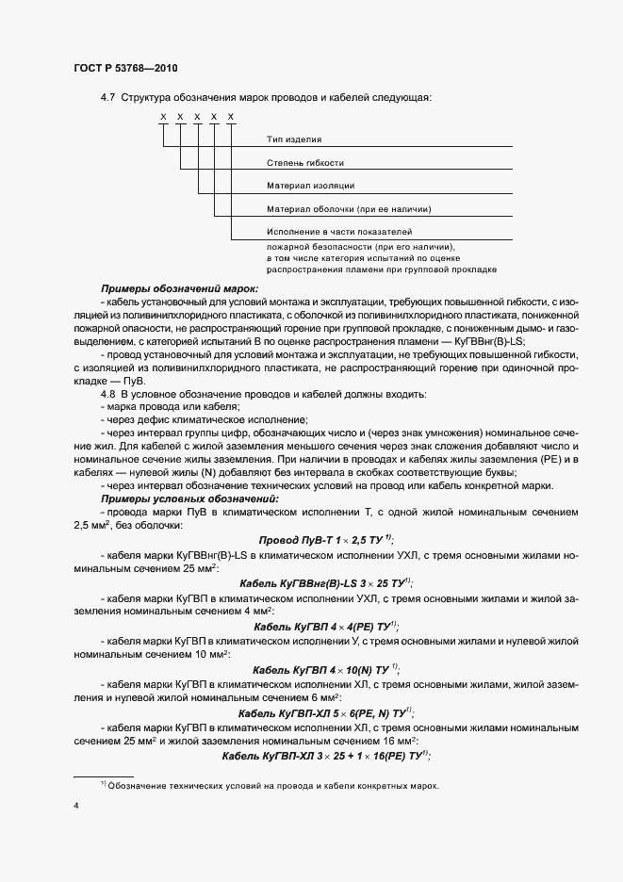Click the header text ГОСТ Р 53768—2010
click(x=124, y=69)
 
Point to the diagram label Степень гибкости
click(x=304, y=162)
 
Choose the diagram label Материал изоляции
click(x=310, y=186)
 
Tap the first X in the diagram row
click(x=162, y=116)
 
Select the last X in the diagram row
click(x=231, y=116)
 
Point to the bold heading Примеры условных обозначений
click(x=189, y=498)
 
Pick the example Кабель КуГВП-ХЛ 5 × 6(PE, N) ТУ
click(x=326, y=712)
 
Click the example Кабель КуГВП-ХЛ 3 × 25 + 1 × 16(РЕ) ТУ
click(x=326, y=756)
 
